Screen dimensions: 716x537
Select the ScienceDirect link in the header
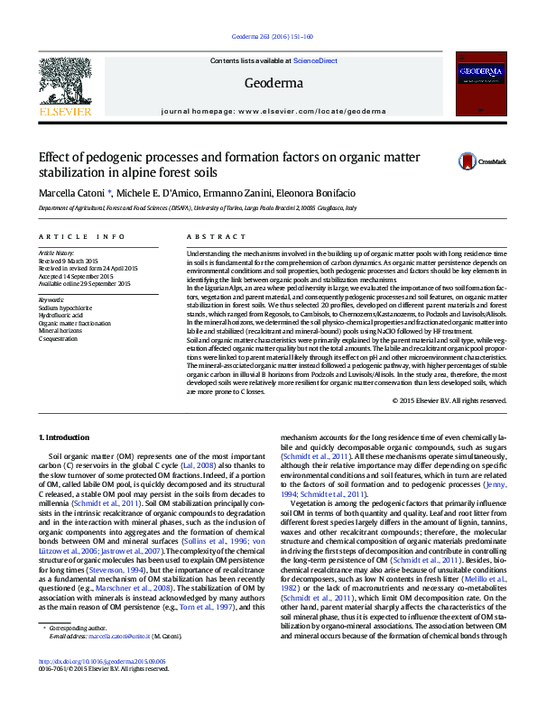click(315, 60)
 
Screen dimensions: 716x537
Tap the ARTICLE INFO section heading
click(82, 236)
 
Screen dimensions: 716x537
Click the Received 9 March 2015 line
click(69, 262)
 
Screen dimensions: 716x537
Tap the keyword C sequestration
click(59, 336)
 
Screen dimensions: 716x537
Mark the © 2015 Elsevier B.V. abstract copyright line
click(448, 400)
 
